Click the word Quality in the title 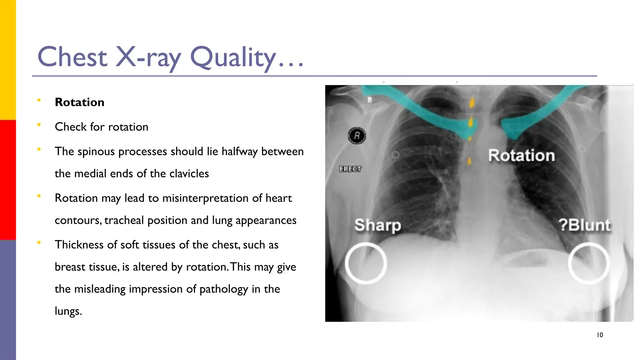click(x=233, y=57)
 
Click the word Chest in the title click(x=72, y=57)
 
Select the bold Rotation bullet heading click(x=79, y=102)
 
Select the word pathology click(x=223, y=289)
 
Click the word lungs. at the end click(x=68, y=311)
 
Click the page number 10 click(x=600, y=335)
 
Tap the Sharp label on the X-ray click(x=377, y=225)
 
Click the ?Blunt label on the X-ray click(x=584, y=225)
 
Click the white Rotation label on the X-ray click(x=521, y=155)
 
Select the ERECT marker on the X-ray click(x=350, y=169)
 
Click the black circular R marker click(x=357, y=136)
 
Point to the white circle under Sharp click(x=366, y=263)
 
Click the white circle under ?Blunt click(x=589, y=263)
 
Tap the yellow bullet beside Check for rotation click(x=39, y=125)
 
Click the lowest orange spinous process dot click(x=469, y=161)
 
